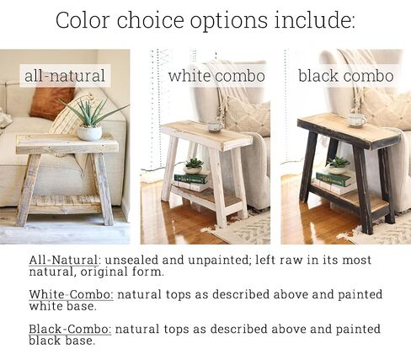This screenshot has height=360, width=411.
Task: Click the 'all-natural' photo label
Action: point(65,76)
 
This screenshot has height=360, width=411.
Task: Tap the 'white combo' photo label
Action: point(216,76)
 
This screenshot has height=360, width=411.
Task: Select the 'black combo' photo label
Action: point(345,76)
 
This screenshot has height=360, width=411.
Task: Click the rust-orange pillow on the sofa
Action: point(51,102)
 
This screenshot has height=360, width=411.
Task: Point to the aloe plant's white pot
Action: point(89,133)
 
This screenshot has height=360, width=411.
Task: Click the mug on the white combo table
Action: point(215,126)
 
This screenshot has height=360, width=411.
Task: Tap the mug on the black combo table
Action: point(357,121)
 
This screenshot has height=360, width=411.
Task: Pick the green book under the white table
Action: point(191,179)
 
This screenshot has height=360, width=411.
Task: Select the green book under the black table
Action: point(334,179)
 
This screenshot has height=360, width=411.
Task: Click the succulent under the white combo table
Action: point(194,166)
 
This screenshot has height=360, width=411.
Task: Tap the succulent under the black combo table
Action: point(338,165)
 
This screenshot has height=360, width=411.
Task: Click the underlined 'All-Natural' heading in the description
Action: point(63,260)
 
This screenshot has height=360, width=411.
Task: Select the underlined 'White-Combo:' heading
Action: point(72,294)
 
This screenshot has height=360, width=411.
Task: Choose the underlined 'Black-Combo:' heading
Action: point(70,329)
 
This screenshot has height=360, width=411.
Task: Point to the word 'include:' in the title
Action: point(315,20)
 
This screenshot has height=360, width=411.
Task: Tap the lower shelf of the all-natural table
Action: point(65,204)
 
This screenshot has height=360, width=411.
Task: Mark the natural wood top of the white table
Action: point(207,132)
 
